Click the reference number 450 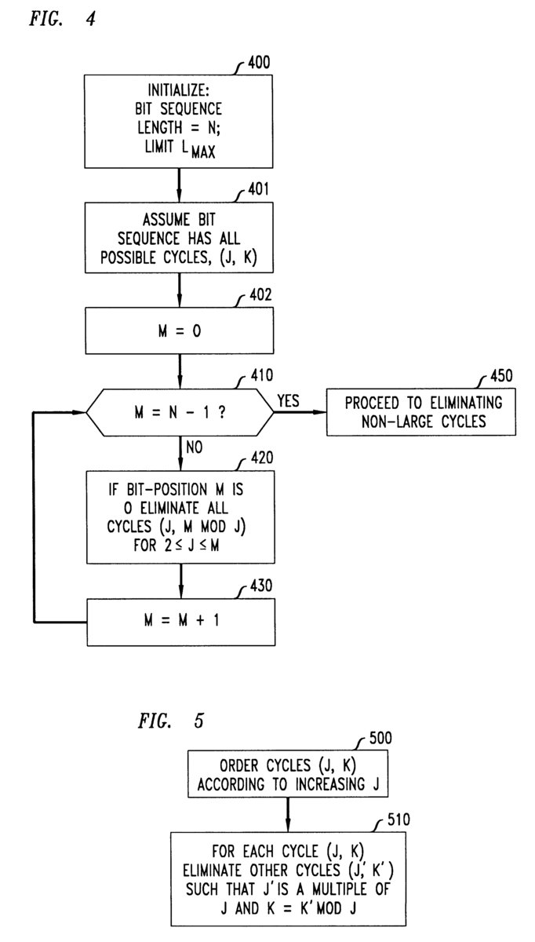pos(500,375)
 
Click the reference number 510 pos(397,820)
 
